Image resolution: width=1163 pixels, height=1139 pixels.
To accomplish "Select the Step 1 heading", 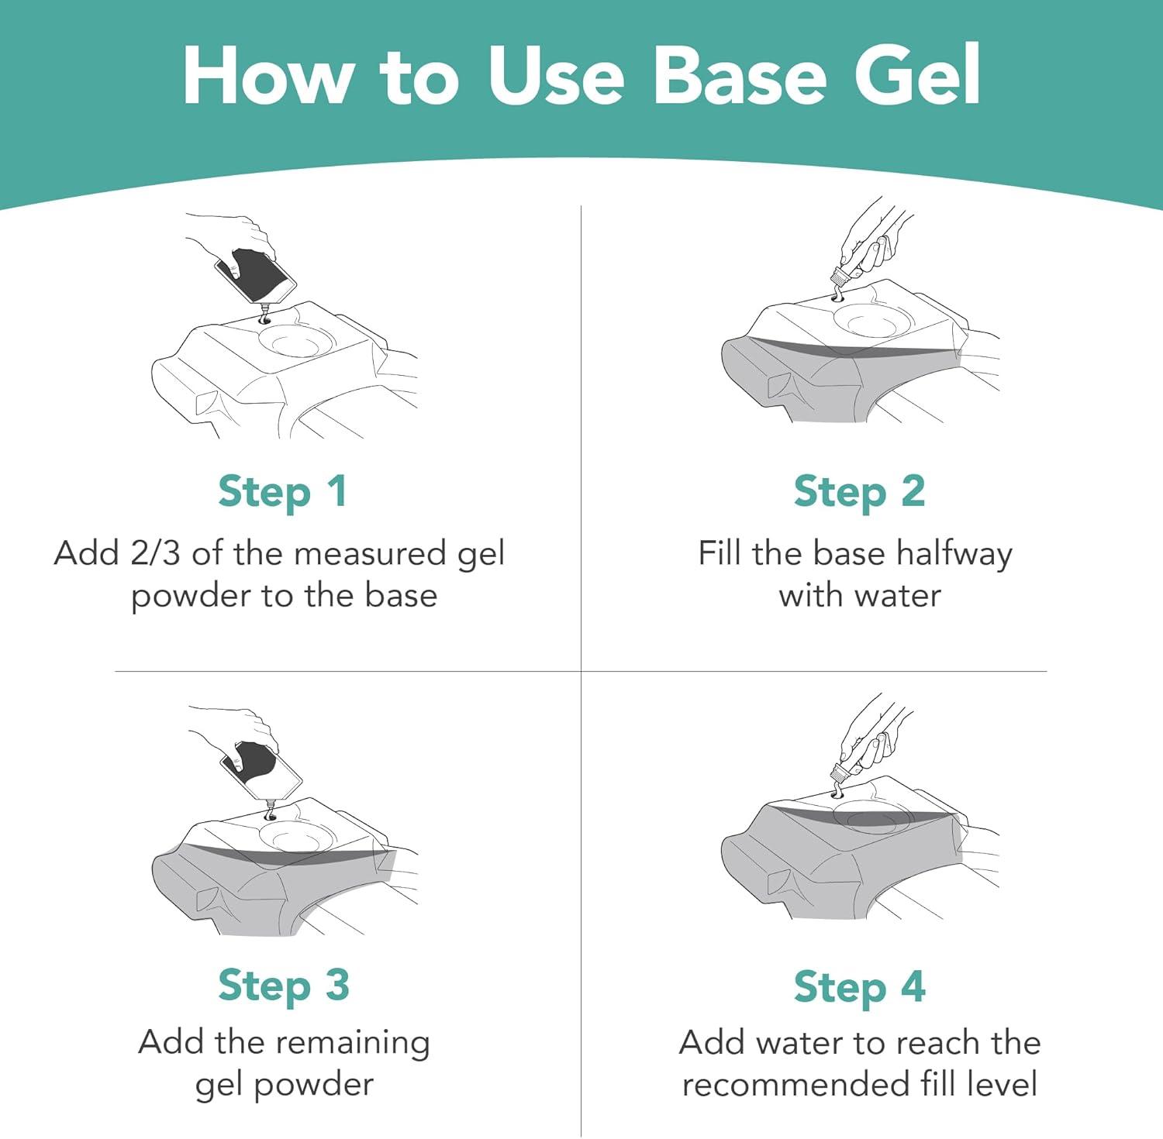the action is coord(283,493).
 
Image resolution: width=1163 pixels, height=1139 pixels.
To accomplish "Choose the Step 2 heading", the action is coord(859,493).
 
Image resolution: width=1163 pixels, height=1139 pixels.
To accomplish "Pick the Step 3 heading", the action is coord(284,986).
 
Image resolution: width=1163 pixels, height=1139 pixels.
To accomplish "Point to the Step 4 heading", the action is coord(860,987).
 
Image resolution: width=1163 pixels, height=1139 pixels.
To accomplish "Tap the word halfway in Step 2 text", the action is coord(954,555).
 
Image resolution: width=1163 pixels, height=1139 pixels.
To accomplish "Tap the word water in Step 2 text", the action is coord(898,596).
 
